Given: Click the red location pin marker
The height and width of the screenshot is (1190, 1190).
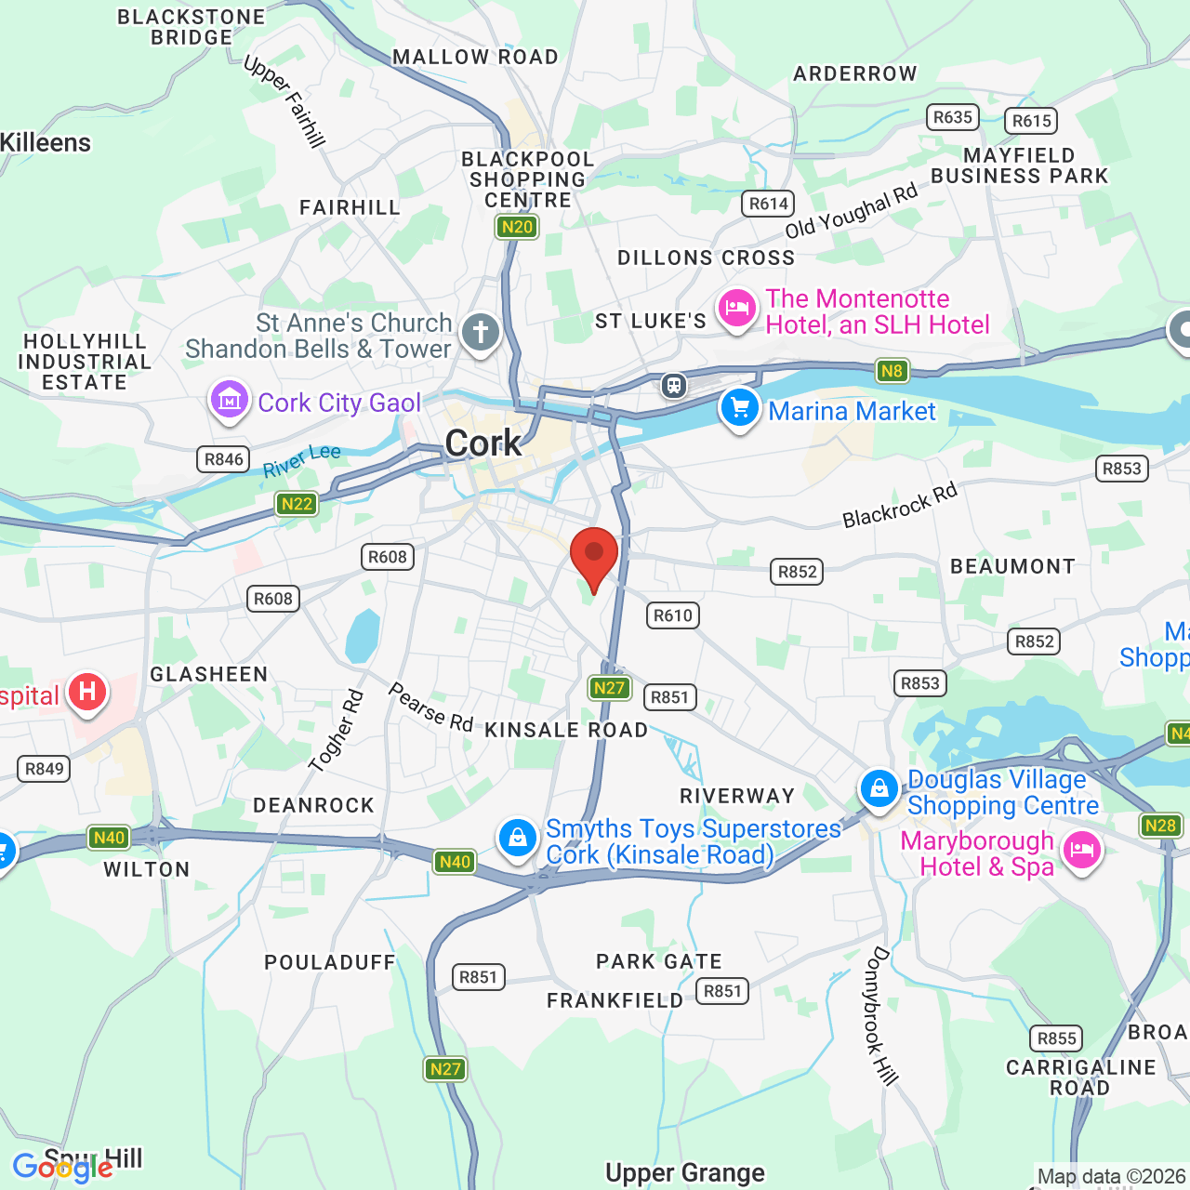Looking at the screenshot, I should pos(593,556).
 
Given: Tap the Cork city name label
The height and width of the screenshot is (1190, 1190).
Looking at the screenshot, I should pos(483,443).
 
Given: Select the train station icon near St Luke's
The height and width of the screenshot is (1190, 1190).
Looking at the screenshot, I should pos(674,385).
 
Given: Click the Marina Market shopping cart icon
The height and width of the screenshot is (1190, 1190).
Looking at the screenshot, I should pos(740,408).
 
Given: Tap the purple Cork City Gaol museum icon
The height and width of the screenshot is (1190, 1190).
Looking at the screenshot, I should pos(229,401).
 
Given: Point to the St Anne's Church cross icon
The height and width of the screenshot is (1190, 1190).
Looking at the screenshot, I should pos(481,332).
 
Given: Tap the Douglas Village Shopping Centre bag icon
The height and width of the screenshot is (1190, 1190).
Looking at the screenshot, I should pos(879,789).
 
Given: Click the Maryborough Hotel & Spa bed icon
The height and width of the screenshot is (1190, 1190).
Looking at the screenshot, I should pos(1081,850).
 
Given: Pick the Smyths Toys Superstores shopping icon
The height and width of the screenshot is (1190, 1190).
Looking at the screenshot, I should pos(517,839).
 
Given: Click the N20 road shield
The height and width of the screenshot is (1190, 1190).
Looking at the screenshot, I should pos(517,227).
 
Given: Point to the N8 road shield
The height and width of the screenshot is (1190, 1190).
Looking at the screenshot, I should pos(892,371).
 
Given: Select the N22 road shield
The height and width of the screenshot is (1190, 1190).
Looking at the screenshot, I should pos(297,504).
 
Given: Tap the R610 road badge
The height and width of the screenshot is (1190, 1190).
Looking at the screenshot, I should pos(672,615).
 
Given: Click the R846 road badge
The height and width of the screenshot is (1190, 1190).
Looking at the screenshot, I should pos(224,458).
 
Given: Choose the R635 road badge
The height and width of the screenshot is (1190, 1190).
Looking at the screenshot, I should pos(953,117).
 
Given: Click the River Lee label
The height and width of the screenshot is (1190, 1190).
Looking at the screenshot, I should pos(302,460).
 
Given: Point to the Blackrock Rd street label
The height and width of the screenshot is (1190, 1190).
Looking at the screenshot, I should pos(899,506).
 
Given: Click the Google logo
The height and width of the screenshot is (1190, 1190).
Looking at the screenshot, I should pos(62,1167).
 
